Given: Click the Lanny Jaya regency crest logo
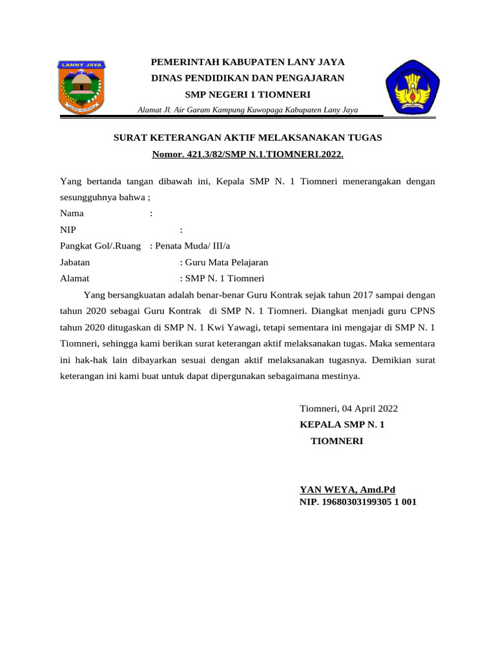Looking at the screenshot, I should pos(83,88).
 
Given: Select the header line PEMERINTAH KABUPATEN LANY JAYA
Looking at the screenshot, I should pos(247,63).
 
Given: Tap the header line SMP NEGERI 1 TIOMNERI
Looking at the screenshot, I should pos(247,94).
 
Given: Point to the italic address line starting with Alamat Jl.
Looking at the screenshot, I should pos(247,110).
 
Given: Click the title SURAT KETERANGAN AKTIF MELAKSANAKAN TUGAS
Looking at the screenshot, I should pos(247,137).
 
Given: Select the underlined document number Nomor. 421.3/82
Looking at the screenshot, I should pos(247,155).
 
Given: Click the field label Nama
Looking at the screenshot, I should pos(71,213).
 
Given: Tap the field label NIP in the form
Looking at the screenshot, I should pos(67,230).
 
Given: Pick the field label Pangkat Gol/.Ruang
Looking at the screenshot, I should pos(100,246).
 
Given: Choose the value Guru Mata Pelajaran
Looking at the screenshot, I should pos(226,263).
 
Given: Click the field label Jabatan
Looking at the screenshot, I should pos(75,263).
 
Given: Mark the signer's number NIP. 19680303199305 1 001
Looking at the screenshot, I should pos(358,502).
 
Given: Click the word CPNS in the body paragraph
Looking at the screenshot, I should pos(421,309).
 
